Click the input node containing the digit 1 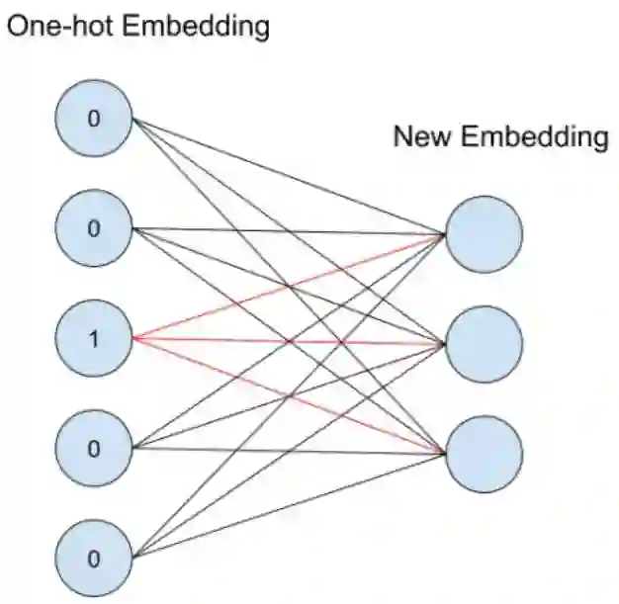(x=94, y=340)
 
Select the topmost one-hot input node (x=94, y=120)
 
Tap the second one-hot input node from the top (x=94, y=229)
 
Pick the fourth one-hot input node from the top (x=94, y=449)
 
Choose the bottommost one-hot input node (x=94, y=559)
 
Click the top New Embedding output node (x=484, y=234)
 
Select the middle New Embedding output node (x=484, y=344)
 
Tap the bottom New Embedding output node (x=484, y=454)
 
